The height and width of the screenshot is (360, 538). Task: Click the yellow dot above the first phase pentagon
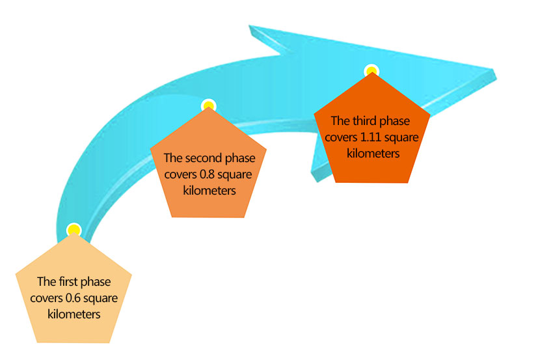coord(74,230)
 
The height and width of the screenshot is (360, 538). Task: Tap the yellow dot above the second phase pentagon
coord(209,105)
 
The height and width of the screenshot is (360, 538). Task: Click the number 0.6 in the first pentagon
coord(73,298)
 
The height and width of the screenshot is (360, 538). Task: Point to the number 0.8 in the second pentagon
coord(208,174)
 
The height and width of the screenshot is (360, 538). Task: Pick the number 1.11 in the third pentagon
coord(371,137)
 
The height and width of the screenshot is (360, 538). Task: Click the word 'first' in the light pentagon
coord(68,281)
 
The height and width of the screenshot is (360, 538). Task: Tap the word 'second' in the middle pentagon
coord(204,158)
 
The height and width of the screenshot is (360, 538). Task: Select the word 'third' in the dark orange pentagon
coord(364,121)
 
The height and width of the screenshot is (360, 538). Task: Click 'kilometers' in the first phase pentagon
coord(74,314)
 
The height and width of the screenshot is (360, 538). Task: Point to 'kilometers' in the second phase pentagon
coord(209,190)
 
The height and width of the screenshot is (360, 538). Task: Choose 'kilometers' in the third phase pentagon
coord(373,153)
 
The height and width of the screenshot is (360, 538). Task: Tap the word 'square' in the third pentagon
coord(401,138)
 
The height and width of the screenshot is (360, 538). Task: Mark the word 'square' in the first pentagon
coord(101,299)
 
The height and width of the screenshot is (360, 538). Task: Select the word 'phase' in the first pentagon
coord(96,282)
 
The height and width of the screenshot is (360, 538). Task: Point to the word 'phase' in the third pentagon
coord(395,121)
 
